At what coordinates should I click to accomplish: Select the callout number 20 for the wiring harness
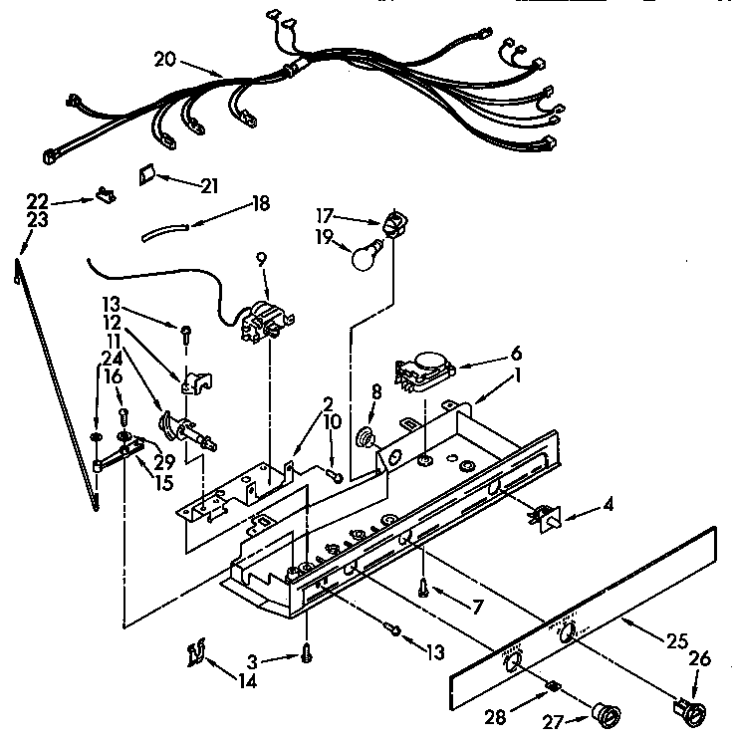pyautogui.click(x=165, y=59)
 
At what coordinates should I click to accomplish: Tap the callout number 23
pyautogui.click(x=37, y=221)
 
